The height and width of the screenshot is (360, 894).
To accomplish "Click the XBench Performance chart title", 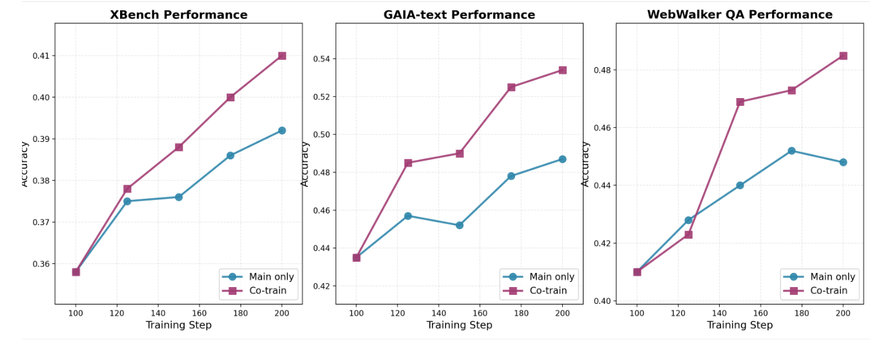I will coord(178,15).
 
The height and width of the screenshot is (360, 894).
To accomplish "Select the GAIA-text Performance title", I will coord(459,15).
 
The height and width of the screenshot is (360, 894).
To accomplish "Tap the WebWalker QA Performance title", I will coord(740,15).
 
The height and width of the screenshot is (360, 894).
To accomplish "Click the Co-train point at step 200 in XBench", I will coord(282,56).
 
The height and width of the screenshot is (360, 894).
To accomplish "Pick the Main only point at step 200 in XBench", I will coord(282,130).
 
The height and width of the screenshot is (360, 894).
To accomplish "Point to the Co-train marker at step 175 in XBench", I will coord(230,97).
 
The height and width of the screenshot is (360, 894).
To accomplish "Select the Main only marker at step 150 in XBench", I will coord(179,197).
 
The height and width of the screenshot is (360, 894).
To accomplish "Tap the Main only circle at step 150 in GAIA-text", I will coord(460,225).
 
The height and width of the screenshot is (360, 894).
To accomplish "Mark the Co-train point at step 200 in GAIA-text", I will coord(562,70).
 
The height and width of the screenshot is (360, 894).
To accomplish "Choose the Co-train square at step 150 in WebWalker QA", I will coord(740,102).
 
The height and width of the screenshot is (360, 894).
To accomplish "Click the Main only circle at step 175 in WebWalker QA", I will coord(791,151).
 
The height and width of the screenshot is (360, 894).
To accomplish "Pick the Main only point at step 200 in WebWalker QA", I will coord(843,162).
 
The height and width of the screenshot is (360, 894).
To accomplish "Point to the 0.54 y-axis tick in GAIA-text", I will coord(320,59).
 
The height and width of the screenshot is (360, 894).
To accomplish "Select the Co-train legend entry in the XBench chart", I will coord(258,291).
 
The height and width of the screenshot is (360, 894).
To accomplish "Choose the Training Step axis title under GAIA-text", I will coord(459,325).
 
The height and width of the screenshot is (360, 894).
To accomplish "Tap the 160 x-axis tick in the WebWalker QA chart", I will coord(760,313).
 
